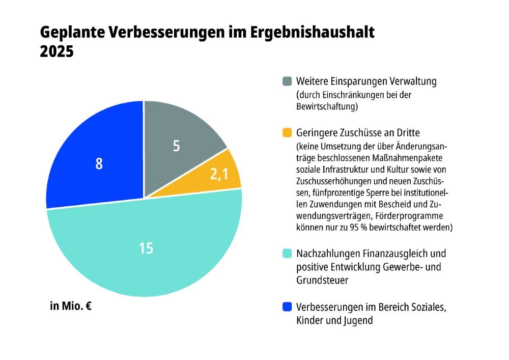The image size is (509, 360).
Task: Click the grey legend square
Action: (x=287, y=81)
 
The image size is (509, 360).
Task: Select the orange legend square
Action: (x=287, y=133)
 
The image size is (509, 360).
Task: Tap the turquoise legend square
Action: (x=287, y=253)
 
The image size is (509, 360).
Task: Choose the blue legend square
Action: (x=287, y=307)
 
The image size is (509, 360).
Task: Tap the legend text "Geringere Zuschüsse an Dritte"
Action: (x=357, y=133)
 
